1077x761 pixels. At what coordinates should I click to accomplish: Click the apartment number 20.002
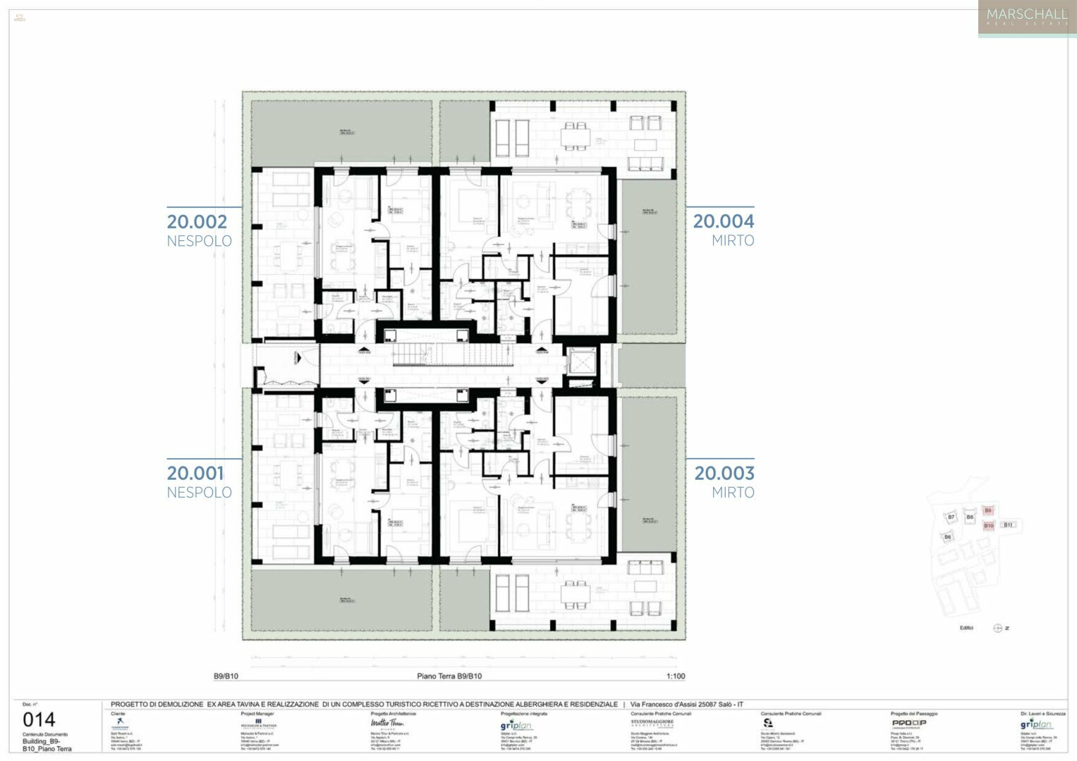point(197,222)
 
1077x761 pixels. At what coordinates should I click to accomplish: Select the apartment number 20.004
point(723,221)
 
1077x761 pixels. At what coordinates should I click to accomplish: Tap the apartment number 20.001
point(195,474)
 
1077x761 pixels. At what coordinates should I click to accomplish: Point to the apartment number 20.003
point(724,474)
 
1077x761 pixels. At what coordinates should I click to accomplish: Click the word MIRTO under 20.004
point(732,241)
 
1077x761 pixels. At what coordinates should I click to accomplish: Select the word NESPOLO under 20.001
point(199,493)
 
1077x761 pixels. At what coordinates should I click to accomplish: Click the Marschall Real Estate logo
point(1026,17)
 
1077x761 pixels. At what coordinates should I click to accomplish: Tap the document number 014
point(39,719)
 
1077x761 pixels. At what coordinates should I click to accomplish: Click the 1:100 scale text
point(675,676)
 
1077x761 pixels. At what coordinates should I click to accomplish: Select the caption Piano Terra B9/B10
point(449,676)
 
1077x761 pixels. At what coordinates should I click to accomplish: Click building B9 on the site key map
point(988,511)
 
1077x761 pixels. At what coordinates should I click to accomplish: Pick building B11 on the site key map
point(1008,525)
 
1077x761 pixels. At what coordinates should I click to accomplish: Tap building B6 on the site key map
point(948,537)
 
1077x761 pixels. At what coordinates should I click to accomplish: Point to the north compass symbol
point(997,628)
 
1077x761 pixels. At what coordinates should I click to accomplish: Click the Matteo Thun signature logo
point(387,724)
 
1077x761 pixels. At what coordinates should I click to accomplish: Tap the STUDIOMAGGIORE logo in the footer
point(652,724)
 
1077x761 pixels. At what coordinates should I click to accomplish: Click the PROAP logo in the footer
point(908,723)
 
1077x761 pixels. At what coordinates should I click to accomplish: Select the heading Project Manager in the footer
point(257,714)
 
